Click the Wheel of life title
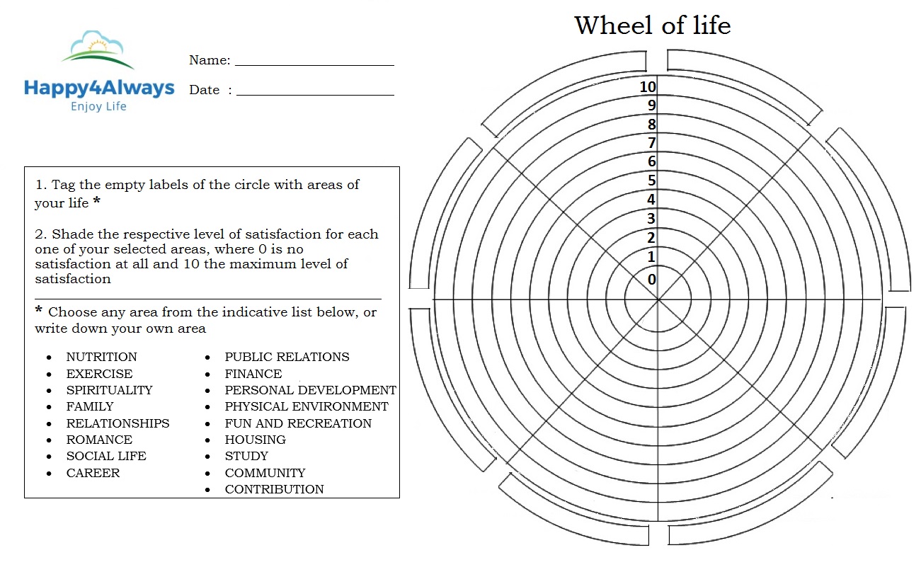pos(653,25)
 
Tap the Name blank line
pos(314,65)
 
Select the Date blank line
pos(315,95)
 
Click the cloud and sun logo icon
pos(98,50)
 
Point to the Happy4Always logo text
pos(99,88)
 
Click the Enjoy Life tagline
pos(98,106)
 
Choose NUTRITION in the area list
pos(101,357)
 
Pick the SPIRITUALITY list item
pos(109,390)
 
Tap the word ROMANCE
pos(99,440)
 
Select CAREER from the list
pos(93,473)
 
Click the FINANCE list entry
pos(253,374)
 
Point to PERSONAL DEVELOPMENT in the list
pos(311,390)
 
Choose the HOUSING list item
pos(256,440)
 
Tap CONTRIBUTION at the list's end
pos(274,489)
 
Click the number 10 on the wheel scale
pos(648,87)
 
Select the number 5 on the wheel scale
pos(652,181)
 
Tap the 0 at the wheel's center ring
pos(652,280)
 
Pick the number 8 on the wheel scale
pos(652,124)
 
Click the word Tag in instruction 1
pos(63,185)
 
